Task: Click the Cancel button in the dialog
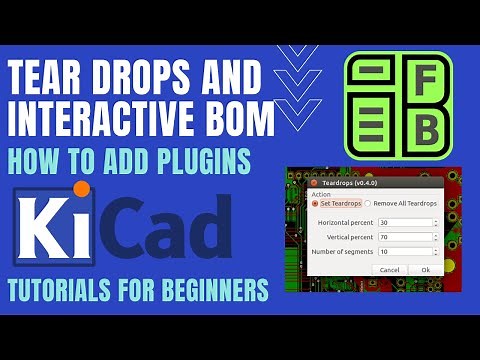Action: click(x=390, y=269)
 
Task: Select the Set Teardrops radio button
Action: click(x=315, y=203)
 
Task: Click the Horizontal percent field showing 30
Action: click(x=403, y=223)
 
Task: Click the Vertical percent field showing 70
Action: click(x=403, y=237)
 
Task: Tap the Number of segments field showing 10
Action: click(x=403, y=251)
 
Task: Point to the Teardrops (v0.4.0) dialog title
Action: click(x=348, y=184)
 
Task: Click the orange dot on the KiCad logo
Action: click(x=82, y=189)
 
